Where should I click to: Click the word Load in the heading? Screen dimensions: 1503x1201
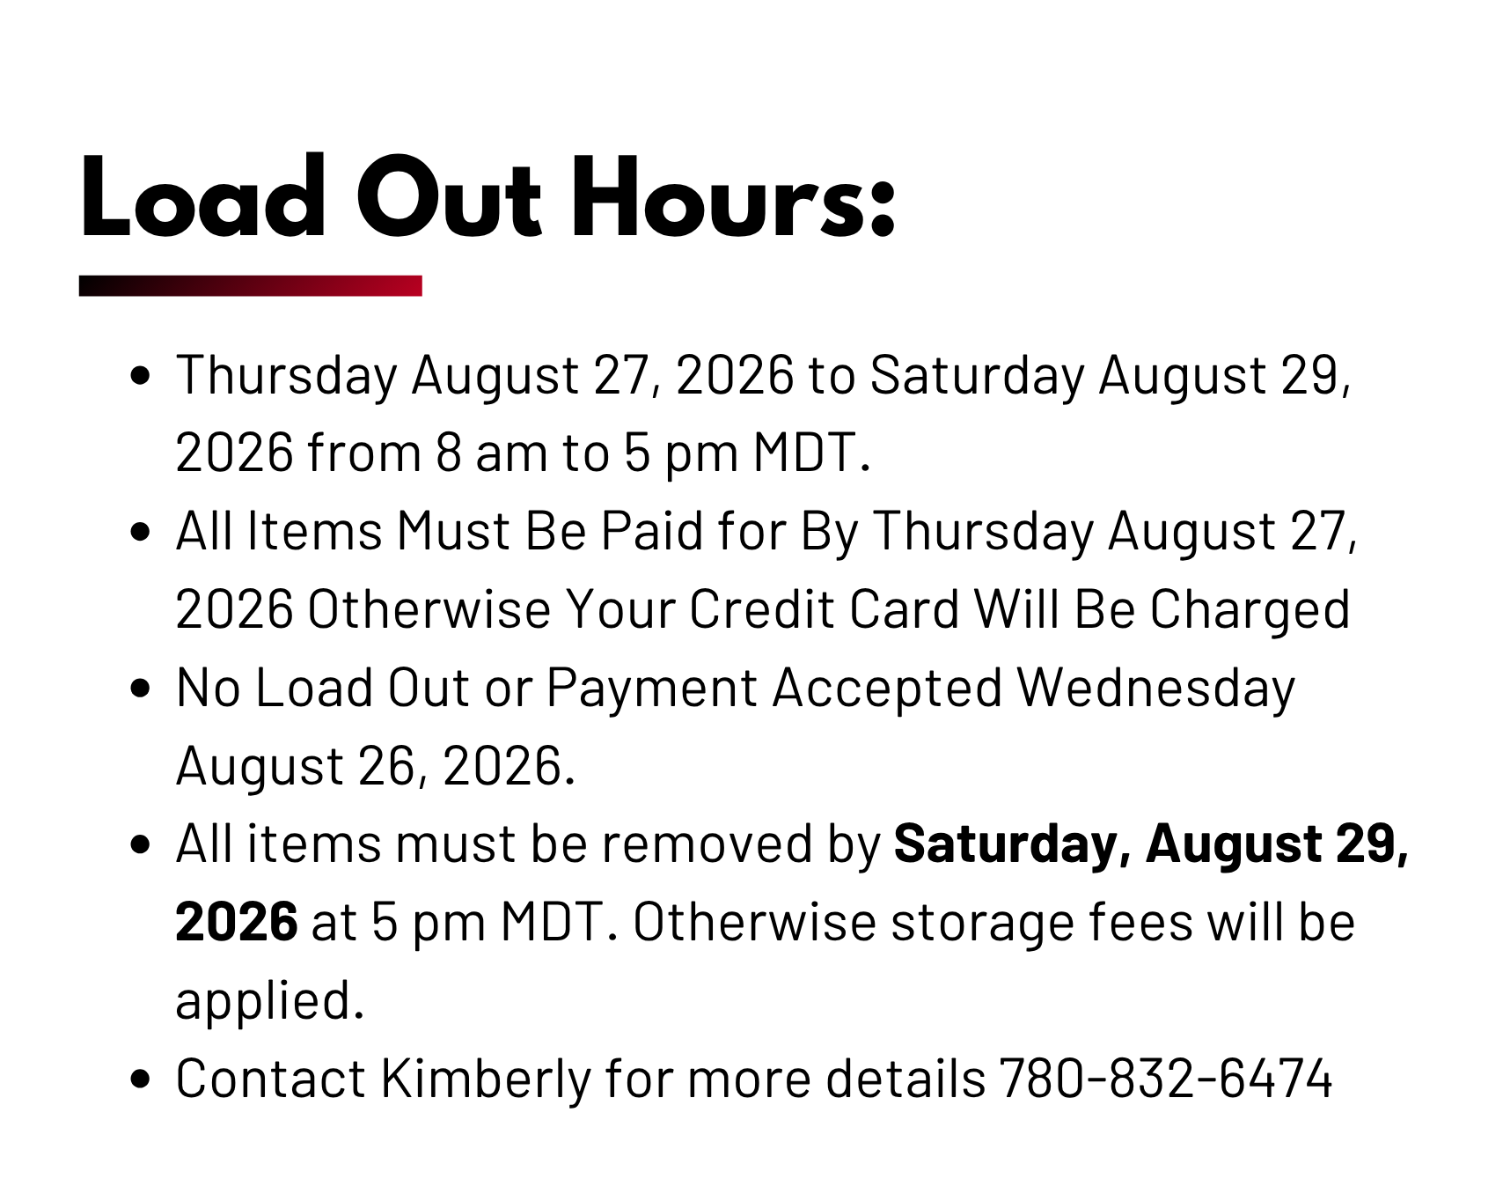[x=203, y=196]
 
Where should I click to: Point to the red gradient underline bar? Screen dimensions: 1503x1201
[x=251, y=286]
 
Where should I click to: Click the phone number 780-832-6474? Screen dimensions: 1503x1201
[x=1166, y=1078]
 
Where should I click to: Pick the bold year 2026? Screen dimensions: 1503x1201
[x=237, y=922]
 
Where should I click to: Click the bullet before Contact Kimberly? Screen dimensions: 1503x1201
[x=140, y=1080]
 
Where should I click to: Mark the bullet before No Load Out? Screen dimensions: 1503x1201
[x=140, y=689]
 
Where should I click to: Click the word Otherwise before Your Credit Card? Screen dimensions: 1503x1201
[x=429, y=608]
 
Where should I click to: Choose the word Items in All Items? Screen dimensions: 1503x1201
[x=315, y=531]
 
